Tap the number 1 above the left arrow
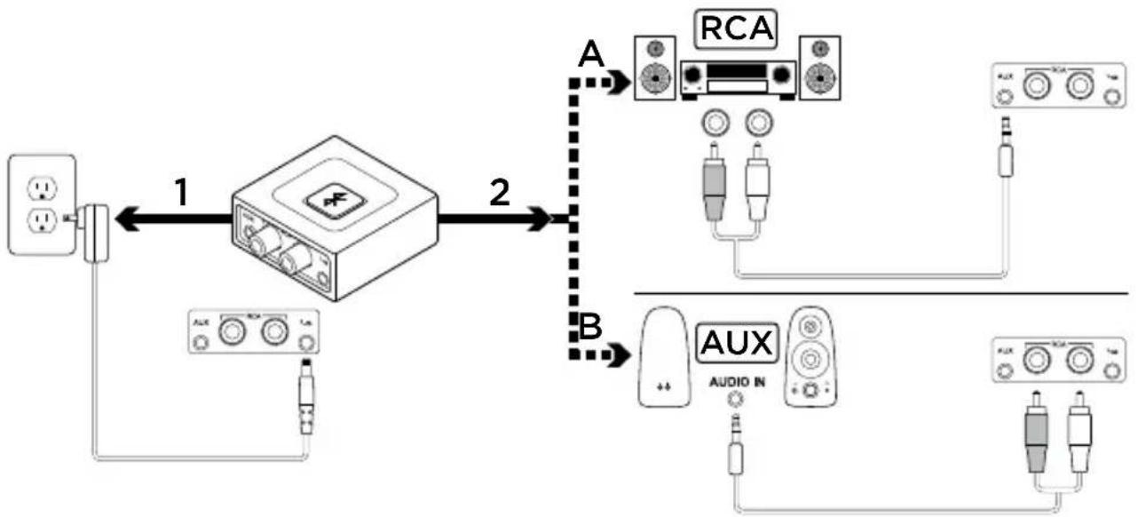[181, 192]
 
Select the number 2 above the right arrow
[501, 192]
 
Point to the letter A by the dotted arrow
[589, 56]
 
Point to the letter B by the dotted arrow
[590, 327]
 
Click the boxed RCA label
[734, 29]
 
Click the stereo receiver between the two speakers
[736, 77]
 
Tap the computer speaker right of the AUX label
[808, 355]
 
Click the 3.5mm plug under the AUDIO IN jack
[733, 440]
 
